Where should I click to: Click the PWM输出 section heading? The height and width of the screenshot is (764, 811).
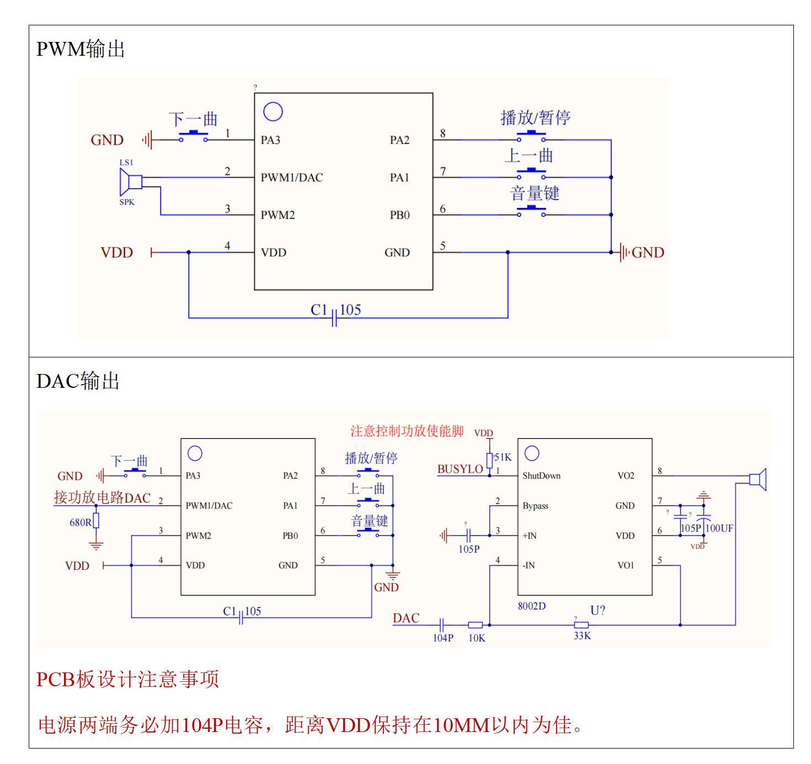click(81, 50)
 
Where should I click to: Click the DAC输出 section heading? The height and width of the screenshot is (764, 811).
click(78, 381)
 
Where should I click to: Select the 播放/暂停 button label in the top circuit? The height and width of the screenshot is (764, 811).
click(535, 117)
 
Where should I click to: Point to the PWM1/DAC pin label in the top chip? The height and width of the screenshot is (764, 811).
click(292, 178)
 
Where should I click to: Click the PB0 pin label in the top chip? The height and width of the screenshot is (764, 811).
click(399, 215)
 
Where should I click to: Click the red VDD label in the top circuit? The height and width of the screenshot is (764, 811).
click(117, 253)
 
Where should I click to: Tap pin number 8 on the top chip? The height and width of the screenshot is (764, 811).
click(443, 133)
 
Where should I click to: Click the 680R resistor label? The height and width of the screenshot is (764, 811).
click(80, 522)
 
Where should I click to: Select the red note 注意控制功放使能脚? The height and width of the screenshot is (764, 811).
click(407, 431)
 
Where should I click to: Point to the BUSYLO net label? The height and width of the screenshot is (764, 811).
click(460, 469)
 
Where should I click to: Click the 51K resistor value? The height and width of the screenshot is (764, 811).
click(503, 457)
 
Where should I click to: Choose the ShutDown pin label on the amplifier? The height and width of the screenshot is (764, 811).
click(541, 476)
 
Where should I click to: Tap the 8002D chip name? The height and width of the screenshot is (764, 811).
click(531, 606)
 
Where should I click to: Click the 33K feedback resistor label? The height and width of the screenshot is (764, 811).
click(582, 635)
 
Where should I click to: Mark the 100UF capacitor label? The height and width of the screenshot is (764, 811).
click(719, 528)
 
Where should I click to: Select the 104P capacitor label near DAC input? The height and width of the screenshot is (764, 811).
click(442, 638)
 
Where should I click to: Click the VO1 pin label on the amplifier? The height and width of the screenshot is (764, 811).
click(626, 565)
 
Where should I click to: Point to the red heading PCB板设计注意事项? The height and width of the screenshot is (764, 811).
click(127, 679)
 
